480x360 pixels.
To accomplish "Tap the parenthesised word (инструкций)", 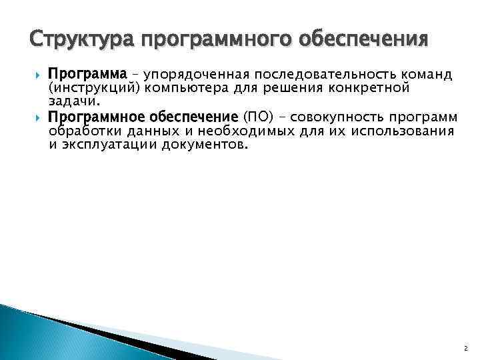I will (93, 87).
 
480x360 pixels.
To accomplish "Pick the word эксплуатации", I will (108, 145).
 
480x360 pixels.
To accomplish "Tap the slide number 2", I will (465, 348).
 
